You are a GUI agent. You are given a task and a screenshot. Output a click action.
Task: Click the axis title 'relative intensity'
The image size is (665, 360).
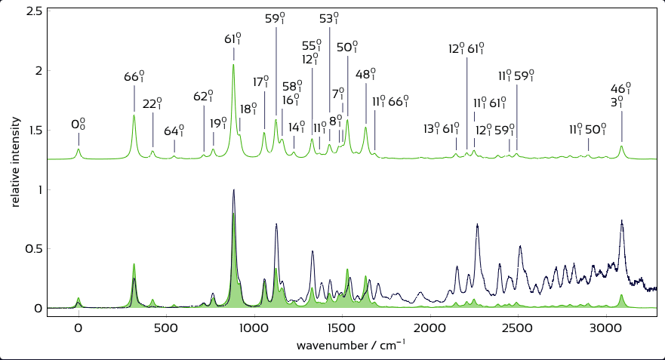click(x=14, y=158)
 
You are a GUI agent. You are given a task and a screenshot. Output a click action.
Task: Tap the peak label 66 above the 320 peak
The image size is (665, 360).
click(x=134, y=77)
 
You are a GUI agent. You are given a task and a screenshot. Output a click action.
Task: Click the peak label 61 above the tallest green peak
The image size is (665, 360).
click(x=233, y=38)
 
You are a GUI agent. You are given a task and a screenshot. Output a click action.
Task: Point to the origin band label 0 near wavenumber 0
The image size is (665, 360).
click(x=79, y=124)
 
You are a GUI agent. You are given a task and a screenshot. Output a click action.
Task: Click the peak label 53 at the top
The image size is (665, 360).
click(x=330, y=19)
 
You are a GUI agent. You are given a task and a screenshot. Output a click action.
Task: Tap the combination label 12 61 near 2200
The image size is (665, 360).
click(x=466, y=49)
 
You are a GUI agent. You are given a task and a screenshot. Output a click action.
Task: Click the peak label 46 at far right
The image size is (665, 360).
click(x=622, y=88)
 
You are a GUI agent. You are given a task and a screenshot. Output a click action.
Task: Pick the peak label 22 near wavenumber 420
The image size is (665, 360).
click(x=153, y=103)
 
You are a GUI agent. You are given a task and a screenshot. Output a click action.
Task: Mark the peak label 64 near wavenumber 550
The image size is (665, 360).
click(x=174, y=130)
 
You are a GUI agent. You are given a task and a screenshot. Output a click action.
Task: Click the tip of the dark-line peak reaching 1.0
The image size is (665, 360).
click(x=234, y=189)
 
